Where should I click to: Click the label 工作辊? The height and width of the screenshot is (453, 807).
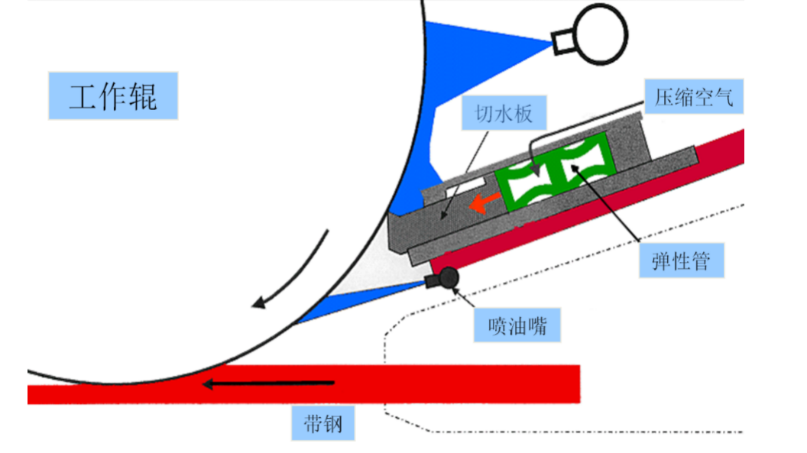pos(113,96)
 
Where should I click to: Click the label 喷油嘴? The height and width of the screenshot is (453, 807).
pos(517,327)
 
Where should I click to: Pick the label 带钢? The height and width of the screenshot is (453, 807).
pos(323,424)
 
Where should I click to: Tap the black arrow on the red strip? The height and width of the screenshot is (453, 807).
pos(267,383)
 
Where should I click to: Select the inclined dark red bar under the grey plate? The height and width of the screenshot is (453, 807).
pos(611,206)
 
